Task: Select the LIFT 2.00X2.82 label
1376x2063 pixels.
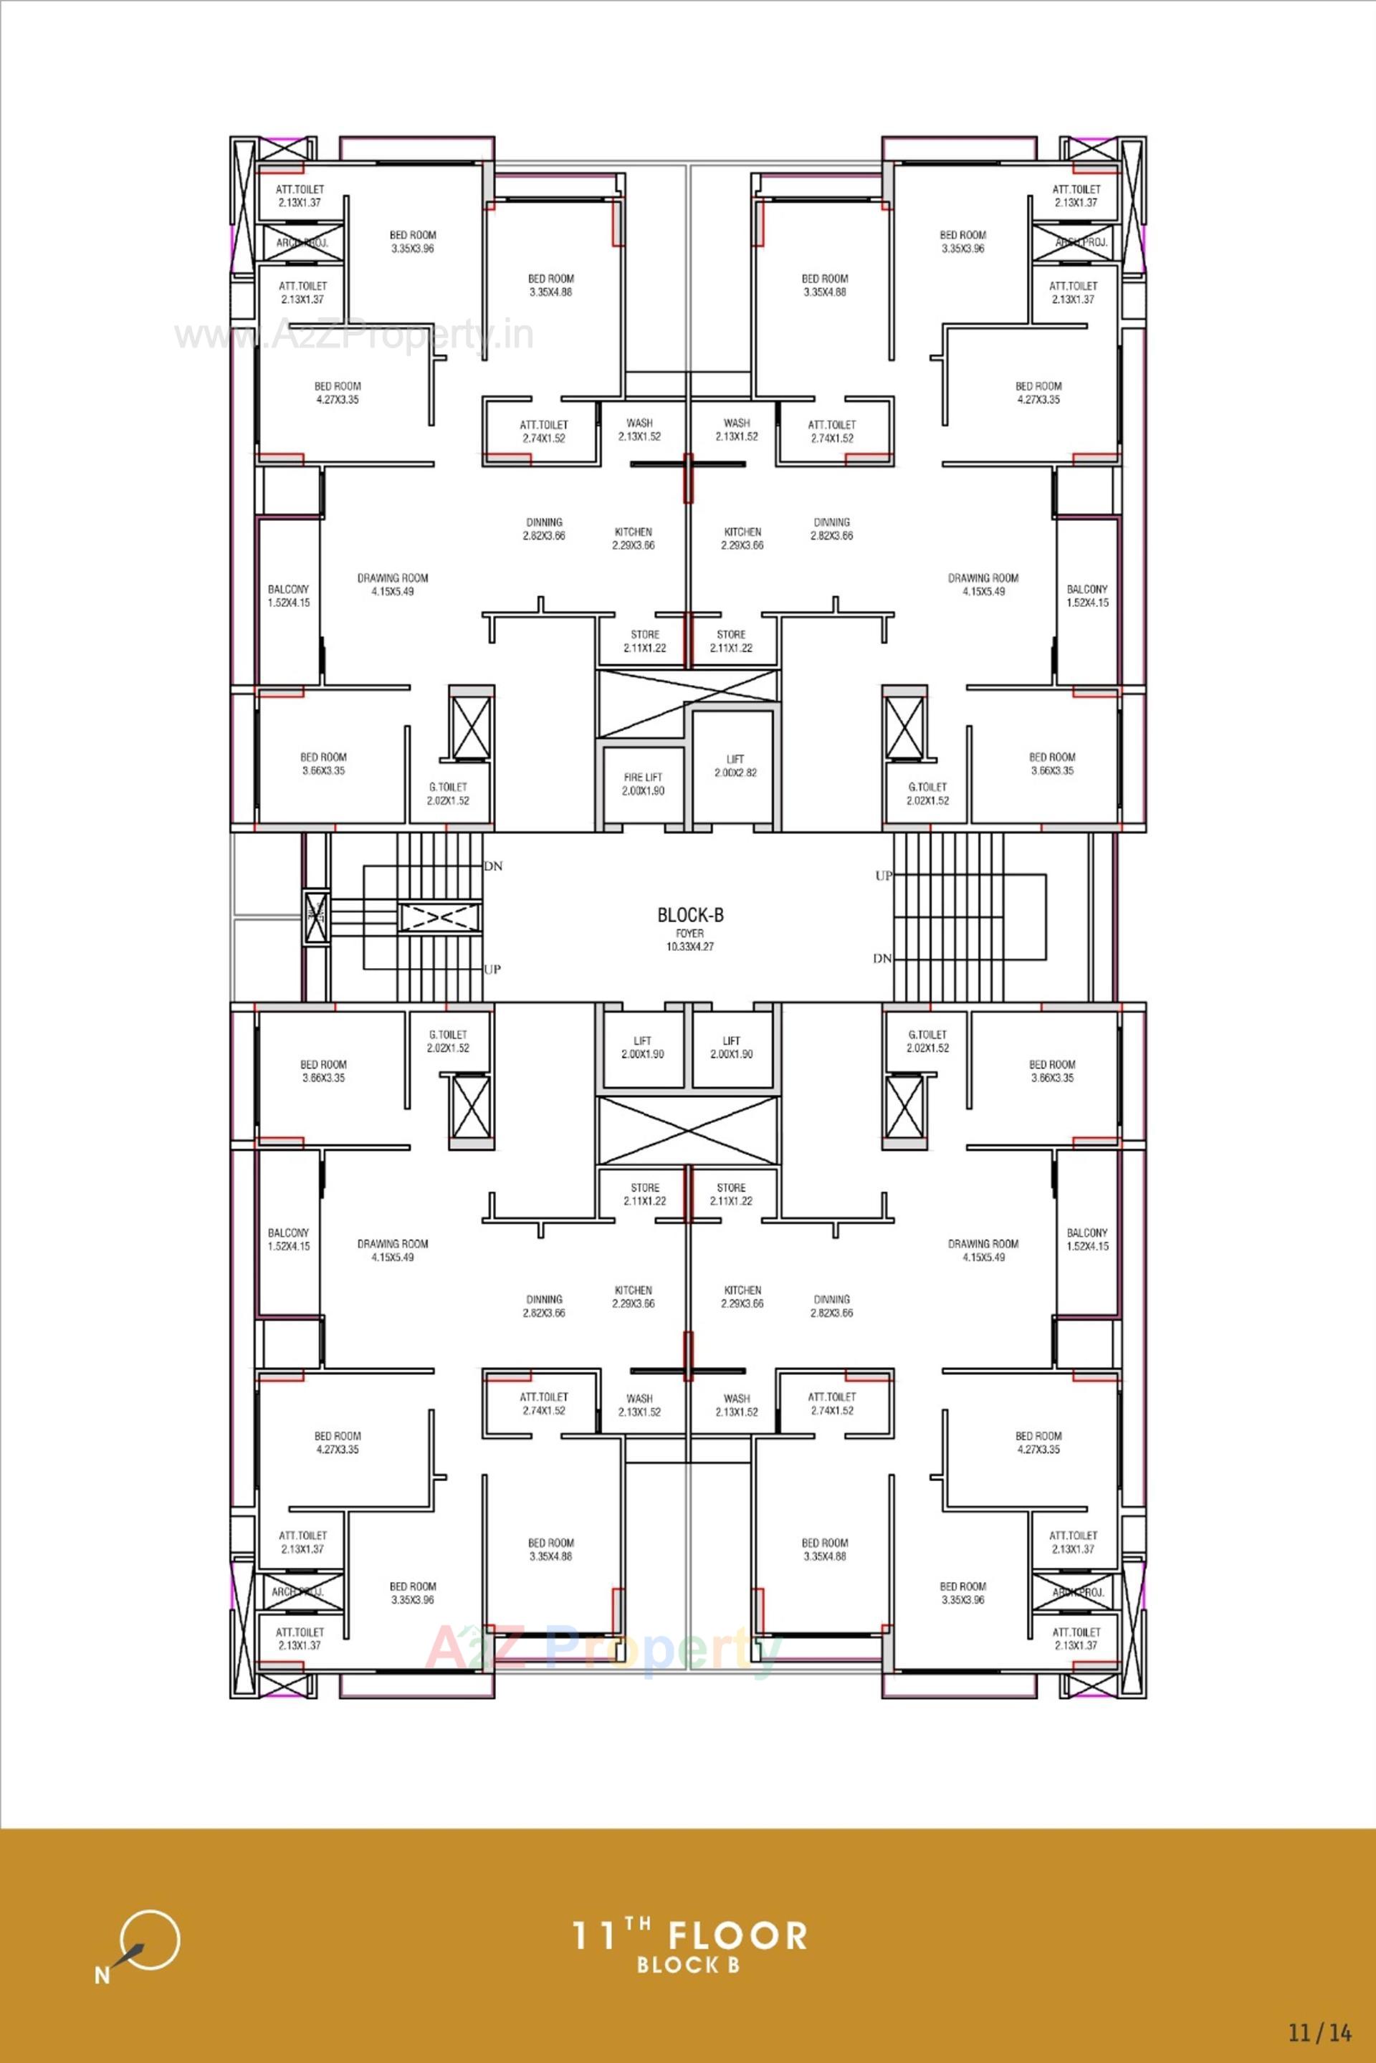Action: point(735,765)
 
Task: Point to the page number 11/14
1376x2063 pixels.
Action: point(1320,2032)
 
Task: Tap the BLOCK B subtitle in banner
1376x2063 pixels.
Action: point(689,1965)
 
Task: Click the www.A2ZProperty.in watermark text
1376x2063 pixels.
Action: point(353,335)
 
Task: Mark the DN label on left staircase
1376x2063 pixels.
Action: point(493,866)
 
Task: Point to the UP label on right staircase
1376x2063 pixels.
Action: point(883,876)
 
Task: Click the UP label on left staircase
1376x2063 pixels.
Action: point(492,970)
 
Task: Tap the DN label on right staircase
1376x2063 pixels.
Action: point(882,959)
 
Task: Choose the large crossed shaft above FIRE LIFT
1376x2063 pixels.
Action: point(687,704)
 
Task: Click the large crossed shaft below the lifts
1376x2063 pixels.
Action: point(687,1130)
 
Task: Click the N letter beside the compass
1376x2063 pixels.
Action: point(102,1976)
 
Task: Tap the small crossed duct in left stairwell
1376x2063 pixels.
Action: point(316,917)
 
